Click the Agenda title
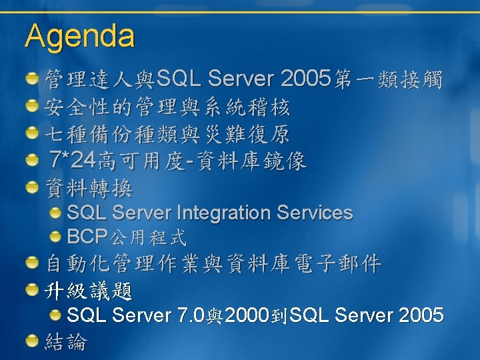pyautogui.click(x=79, y=37)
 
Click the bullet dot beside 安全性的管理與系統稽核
pyautogui.click(x=32, y=105)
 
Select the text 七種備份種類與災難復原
pyautogui.click(x=167, y=134)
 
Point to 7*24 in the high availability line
pyautogui.click(x=72, y=159)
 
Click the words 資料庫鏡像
pyautogui.click(x=251, y=161)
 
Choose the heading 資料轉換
pyautogui.click(x=89, y=188)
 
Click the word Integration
pyautogui.click(x=224, y=213)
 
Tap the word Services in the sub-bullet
pyautogui.click(x=315, y=213)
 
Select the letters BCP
pyautogui.click(x=87, y=236)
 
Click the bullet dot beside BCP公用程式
pyautogui.click(x=55, y=236)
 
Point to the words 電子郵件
pyautogui.click(x=337, y=263)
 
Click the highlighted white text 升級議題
pyautogui.click(x=89, y=291)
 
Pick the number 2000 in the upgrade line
pyautogui.click(x=247, y=315)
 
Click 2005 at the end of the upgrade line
pyautogui.click(x=421, y=315)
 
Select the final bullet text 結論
pyautogui.click(x=66, y=341)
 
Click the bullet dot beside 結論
pyautogui.click(x=32, y=341)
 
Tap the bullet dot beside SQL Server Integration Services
pyautogui.click(x=55, y=213)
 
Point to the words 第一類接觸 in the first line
pyautogui.click(x=388, y=79)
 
